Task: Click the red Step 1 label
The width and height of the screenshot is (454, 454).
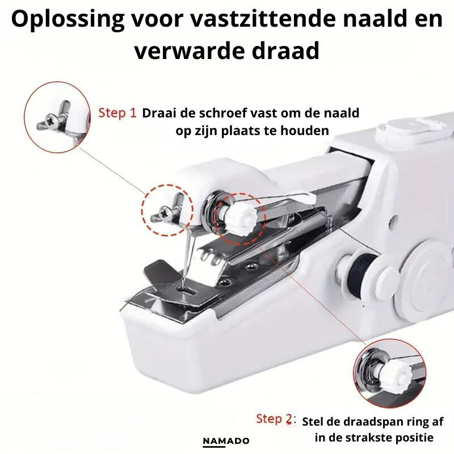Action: pos(117,113)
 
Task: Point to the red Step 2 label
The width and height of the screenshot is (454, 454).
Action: pos(276,419)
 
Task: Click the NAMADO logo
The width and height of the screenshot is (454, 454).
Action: pos(226,441)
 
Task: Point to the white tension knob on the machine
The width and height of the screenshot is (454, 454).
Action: pos(241,216)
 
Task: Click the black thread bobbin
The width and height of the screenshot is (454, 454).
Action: pos(361,269)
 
